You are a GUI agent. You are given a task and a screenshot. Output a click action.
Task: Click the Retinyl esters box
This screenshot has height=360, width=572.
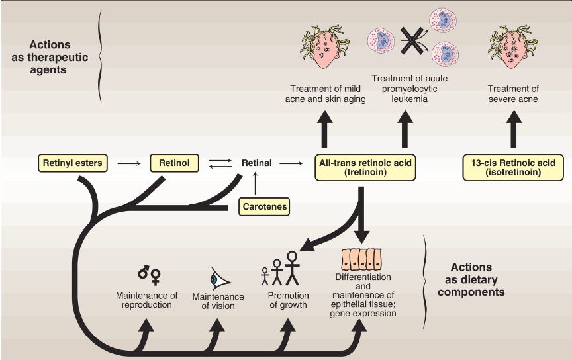[x=73, y=163]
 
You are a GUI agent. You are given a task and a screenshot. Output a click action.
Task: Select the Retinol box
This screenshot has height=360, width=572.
[x=174, y=163]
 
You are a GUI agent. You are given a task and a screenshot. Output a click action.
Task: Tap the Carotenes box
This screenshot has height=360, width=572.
[x=264, y=206]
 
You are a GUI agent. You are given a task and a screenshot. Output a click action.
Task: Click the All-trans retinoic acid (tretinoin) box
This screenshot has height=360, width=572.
[x=365, y=167]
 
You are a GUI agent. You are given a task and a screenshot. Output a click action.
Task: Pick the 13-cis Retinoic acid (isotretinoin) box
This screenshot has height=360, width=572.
[x=513, y=167]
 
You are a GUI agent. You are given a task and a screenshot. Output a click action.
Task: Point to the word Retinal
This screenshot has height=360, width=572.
[x=256, y=163]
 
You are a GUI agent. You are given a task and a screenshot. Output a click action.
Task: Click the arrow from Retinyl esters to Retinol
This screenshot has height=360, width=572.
[x=129, y=163]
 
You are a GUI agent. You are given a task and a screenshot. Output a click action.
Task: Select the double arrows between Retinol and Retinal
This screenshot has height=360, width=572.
[x=220, y=163]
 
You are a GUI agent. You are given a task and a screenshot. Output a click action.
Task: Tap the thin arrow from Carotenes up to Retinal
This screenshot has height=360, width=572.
[x=255, y=183]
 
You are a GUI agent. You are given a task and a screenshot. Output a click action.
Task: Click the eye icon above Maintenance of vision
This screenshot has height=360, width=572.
[x=219, y=279]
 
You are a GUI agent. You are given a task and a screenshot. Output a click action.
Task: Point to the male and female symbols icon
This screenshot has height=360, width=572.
[x=150, y=275]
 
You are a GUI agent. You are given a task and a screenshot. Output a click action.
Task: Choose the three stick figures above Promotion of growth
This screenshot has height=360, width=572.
[x=280, y=268]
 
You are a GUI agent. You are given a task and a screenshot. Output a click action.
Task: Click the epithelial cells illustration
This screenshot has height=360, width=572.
[x=361, y=259]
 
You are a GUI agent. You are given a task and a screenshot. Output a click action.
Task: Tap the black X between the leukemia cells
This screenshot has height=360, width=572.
[x=412, y=41]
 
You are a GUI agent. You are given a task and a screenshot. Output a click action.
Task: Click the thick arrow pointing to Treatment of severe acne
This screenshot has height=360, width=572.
[x=514, y=129]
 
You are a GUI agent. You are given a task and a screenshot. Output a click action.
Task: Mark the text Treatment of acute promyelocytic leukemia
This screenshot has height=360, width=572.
[x=409, y=89]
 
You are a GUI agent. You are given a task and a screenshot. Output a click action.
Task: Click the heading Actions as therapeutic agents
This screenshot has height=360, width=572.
[x=50, y=58]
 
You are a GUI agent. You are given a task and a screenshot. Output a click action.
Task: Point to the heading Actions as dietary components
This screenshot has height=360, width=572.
[x=471, y=280]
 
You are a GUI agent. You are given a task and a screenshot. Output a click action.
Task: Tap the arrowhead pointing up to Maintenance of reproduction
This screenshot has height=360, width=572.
[x=147, y=326]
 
